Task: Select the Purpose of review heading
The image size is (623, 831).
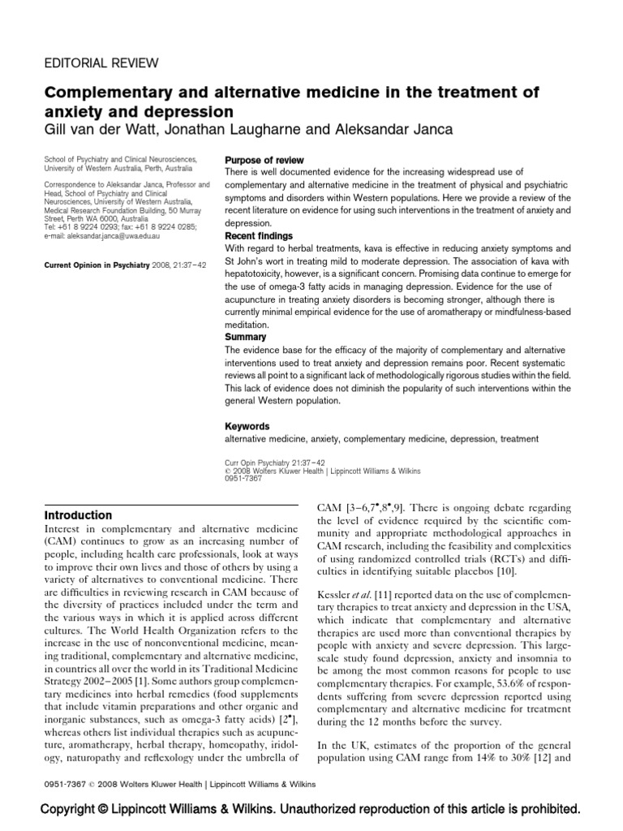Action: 264,161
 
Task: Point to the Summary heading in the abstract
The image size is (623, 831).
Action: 245,336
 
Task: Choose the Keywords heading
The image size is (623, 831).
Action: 247,426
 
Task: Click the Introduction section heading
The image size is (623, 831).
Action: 79,515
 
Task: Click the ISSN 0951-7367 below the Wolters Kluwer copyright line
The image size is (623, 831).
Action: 243,478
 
